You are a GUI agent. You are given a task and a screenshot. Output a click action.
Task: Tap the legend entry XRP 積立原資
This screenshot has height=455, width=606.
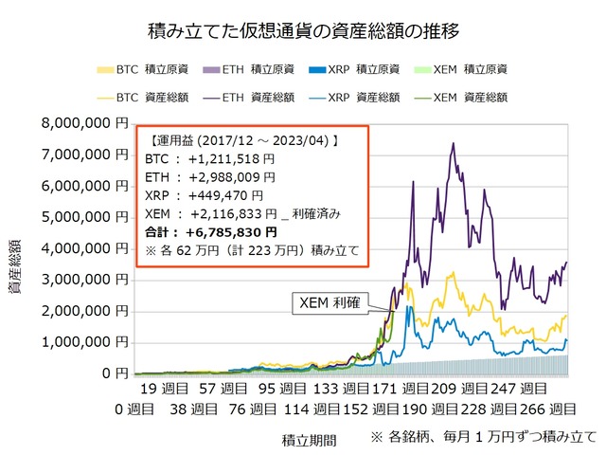(365, 69)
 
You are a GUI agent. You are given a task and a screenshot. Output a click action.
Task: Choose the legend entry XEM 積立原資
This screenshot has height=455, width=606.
(473, 69)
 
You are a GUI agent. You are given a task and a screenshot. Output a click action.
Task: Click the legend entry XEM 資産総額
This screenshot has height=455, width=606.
(473, 96)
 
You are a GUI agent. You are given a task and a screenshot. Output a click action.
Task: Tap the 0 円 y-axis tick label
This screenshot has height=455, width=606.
(114, 373)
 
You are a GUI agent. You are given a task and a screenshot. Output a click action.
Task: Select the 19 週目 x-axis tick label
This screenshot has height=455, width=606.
(162, 389)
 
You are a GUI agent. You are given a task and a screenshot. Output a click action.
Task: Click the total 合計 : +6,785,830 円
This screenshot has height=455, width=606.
(214, 230)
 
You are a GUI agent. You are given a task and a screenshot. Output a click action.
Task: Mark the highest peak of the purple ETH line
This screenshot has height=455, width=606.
(454, 143)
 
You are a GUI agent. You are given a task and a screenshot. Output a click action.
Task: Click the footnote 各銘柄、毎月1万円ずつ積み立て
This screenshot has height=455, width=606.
(485, 438)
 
